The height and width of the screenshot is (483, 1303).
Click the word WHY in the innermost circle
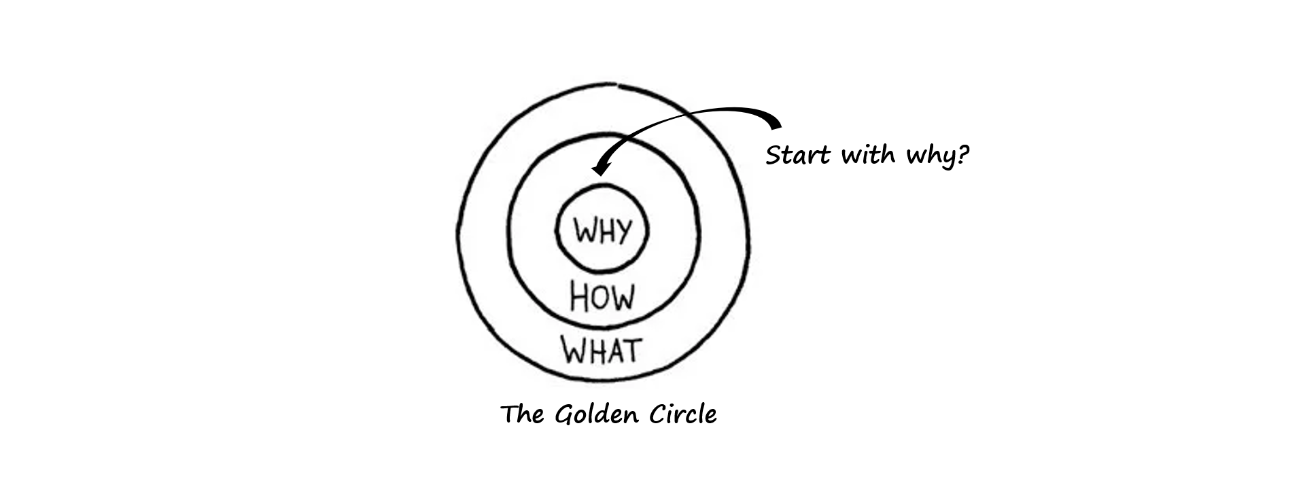tap(602, 231)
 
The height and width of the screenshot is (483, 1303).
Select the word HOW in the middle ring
tap(602, 298)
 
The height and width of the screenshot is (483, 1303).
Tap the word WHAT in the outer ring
tap(602, 350)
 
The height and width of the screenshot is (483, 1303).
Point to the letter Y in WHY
tap(621, 232)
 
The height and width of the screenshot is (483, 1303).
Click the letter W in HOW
tap(621, 298)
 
